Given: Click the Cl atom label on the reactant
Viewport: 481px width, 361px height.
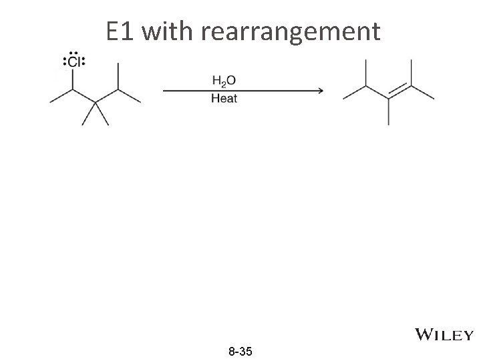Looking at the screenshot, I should (73, 63).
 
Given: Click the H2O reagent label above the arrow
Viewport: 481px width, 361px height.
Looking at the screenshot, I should (223, 81).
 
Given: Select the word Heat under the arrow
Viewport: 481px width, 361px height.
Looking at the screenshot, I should (224, 99).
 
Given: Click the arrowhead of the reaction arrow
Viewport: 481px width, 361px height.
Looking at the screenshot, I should (319, 90).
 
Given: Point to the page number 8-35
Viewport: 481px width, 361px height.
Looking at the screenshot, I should (240, 351).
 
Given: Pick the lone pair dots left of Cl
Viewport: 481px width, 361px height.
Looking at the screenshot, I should (64, 63).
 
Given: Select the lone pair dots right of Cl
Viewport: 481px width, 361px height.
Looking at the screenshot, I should (84, 63).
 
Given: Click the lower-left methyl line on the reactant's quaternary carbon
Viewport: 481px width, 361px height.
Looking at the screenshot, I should (88, 114).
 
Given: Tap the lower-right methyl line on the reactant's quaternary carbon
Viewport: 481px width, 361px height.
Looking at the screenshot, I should (104, 114).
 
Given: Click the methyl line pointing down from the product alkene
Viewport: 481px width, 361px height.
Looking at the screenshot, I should (388, 112).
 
